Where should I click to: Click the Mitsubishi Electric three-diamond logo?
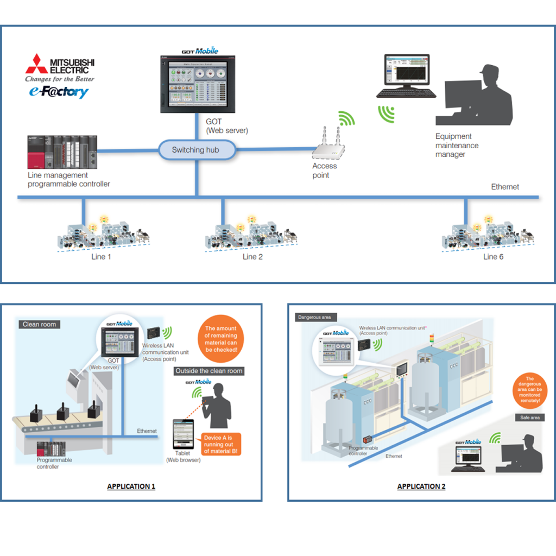point(36,64)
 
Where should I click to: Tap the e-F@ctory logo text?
point(59,92)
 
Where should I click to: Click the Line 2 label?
point(252,257)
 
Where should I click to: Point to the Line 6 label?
point(493,257)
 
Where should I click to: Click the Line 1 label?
point(101,257)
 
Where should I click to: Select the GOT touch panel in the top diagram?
point(197,83)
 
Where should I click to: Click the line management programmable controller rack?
point(62,151)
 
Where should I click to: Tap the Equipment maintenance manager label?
point(457,146)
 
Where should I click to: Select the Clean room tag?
point(39,324)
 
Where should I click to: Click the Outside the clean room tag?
point(209,371)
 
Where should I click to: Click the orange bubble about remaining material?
point(220,339)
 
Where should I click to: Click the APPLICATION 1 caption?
point(131,486)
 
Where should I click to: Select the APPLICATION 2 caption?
point(421,486)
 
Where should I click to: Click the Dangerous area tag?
point(314,317)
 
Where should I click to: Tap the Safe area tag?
point(529,418)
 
